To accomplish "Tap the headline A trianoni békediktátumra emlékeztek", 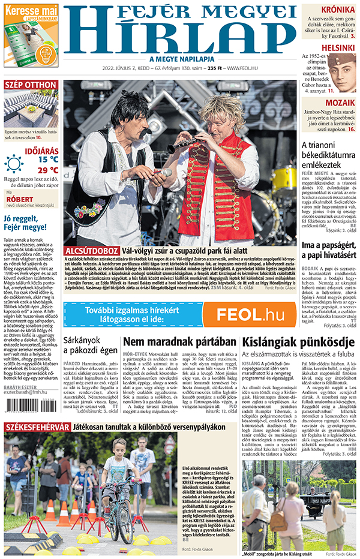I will pyautogui.click(x=329, y=155).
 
